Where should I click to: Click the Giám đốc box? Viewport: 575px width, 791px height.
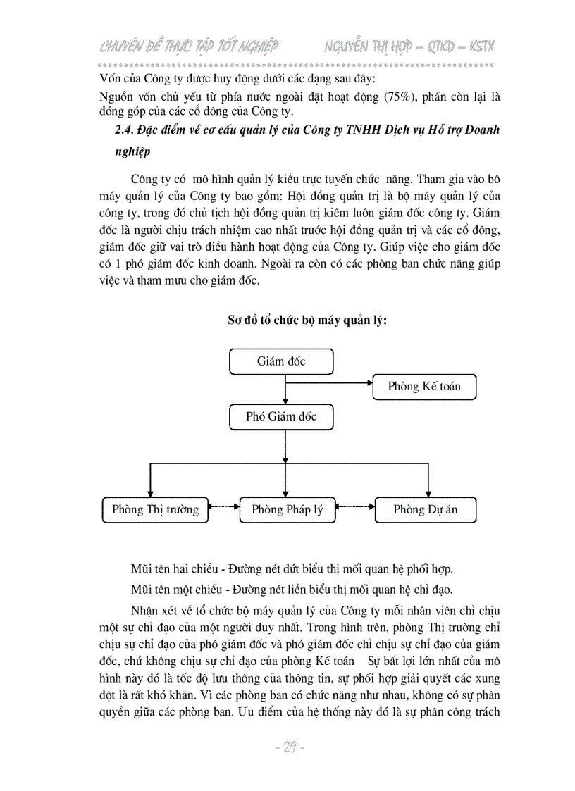pyautogui.click(x=281, y=362)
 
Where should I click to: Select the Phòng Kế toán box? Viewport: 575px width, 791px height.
pyautogui.click(x=424, y=386)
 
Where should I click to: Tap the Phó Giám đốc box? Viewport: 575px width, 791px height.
pyautogui.click(x=281, y=416)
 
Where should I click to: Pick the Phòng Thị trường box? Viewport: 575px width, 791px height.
pyautogui.click(x=155, y=510)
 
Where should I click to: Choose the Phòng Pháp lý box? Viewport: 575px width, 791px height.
pyautogui.click(x=287, y=510)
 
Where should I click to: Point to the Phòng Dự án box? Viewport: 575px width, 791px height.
pyautogui.click(x=425, y=510)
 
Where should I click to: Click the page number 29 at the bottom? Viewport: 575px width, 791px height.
pyautogui.click(x=288, y=747)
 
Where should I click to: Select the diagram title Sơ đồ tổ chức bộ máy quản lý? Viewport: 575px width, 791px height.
pyautogui.click(x=307, y=320)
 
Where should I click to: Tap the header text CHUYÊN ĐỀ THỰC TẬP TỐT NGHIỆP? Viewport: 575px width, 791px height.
pyautogui.click(x=189, y=47)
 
